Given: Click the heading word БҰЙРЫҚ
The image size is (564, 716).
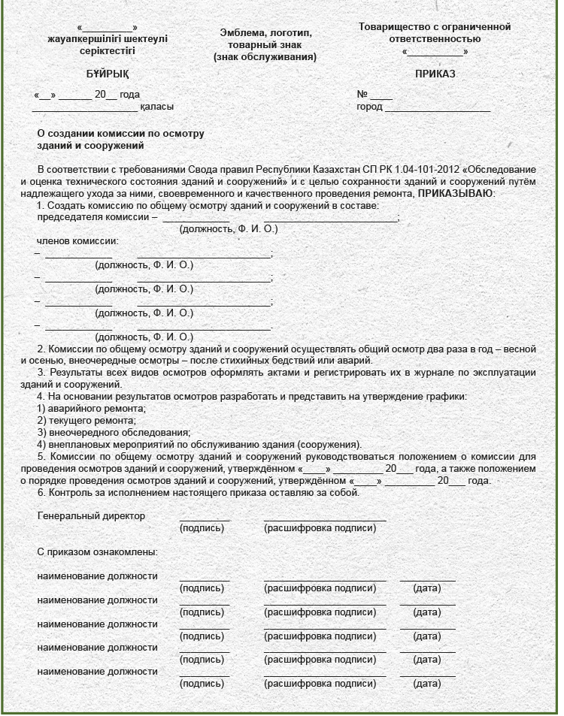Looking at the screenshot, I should tap(108, 74).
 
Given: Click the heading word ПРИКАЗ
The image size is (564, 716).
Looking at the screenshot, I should tap(435, 74).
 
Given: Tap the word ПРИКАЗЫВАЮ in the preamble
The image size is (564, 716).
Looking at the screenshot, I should tap(456, 194).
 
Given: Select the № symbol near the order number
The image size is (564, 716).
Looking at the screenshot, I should tap(362, 95).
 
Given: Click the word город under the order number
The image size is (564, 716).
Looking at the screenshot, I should tap(369, 107).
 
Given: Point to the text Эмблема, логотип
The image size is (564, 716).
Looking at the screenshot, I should tap(265, 33).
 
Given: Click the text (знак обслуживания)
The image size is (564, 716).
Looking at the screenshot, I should tap(265, 57).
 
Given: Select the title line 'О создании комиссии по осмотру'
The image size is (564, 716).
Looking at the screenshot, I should tap(120, 134).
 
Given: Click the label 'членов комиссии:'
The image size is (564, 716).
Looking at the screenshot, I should tap(77, 241).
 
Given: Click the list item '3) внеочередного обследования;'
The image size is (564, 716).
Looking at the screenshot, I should tap(114, 432).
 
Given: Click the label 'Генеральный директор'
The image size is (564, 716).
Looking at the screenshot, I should tap(91, 516).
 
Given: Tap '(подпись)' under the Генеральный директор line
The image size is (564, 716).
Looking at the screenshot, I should tap(202, 528).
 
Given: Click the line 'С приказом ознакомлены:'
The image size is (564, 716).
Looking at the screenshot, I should tap(97, 552).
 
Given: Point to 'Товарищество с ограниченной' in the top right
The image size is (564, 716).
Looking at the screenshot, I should tap(435, 27).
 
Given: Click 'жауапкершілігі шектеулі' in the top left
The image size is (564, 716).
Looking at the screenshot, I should tap(108, 39).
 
